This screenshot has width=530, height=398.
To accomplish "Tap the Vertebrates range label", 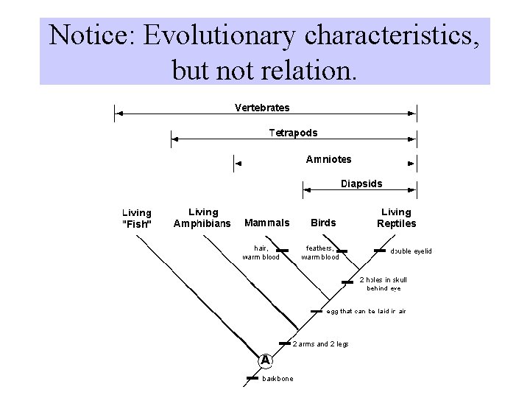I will [262, 108].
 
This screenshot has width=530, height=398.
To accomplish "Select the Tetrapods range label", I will [293, 133].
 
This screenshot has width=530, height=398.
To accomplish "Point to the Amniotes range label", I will [328, 159].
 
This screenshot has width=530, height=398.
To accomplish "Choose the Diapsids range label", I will [361, 184].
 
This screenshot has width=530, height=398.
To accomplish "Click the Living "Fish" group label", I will [137, 218].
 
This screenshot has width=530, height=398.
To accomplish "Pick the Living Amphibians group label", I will [202, 218].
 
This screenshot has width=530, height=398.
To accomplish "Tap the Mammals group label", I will [266, 223].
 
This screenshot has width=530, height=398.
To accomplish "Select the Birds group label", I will [323, 223].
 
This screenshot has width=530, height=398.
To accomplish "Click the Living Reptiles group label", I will [397, 218].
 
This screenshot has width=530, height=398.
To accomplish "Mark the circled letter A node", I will [265, 360].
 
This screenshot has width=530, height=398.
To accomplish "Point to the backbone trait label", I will [278, 379].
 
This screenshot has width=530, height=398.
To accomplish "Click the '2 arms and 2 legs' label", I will [321, 343].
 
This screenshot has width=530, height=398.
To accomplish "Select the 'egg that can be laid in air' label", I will [366, 311].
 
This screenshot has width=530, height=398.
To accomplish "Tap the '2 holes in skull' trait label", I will [383, 284].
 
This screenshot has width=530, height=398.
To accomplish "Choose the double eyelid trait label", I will [411, 251].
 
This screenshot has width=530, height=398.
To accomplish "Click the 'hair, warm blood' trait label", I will [261, 253].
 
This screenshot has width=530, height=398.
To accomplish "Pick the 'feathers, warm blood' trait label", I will [320, 253].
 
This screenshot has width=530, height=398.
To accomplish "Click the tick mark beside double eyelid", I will [380, 251].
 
